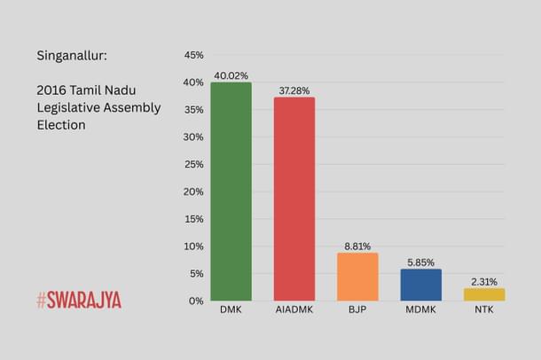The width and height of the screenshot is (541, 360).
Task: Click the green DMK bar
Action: [231, 192]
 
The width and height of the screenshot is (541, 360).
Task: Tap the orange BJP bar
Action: [357, 277]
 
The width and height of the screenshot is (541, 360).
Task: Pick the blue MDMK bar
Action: [420, 285]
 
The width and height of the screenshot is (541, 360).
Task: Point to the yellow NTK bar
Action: [483, 294]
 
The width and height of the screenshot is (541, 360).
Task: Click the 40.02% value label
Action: [231, 75]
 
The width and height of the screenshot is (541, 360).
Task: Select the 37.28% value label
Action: [294, 90]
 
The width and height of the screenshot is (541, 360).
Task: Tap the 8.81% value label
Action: [357, 246]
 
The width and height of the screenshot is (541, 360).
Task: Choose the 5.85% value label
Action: [420, 262]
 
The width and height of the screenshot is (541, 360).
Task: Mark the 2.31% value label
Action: [483, 281]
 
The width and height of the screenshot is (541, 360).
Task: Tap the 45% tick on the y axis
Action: [192, 55]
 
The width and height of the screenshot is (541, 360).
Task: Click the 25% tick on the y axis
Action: [192, 164]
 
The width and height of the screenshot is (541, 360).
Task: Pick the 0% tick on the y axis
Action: [195, 301]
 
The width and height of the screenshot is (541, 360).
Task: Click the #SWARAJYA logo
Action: [78, 301]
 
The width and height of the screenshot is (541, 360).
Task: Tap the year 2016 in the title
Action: [52, 90]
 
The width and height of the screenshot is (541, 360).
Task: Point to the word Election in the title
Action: [61, 125]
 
